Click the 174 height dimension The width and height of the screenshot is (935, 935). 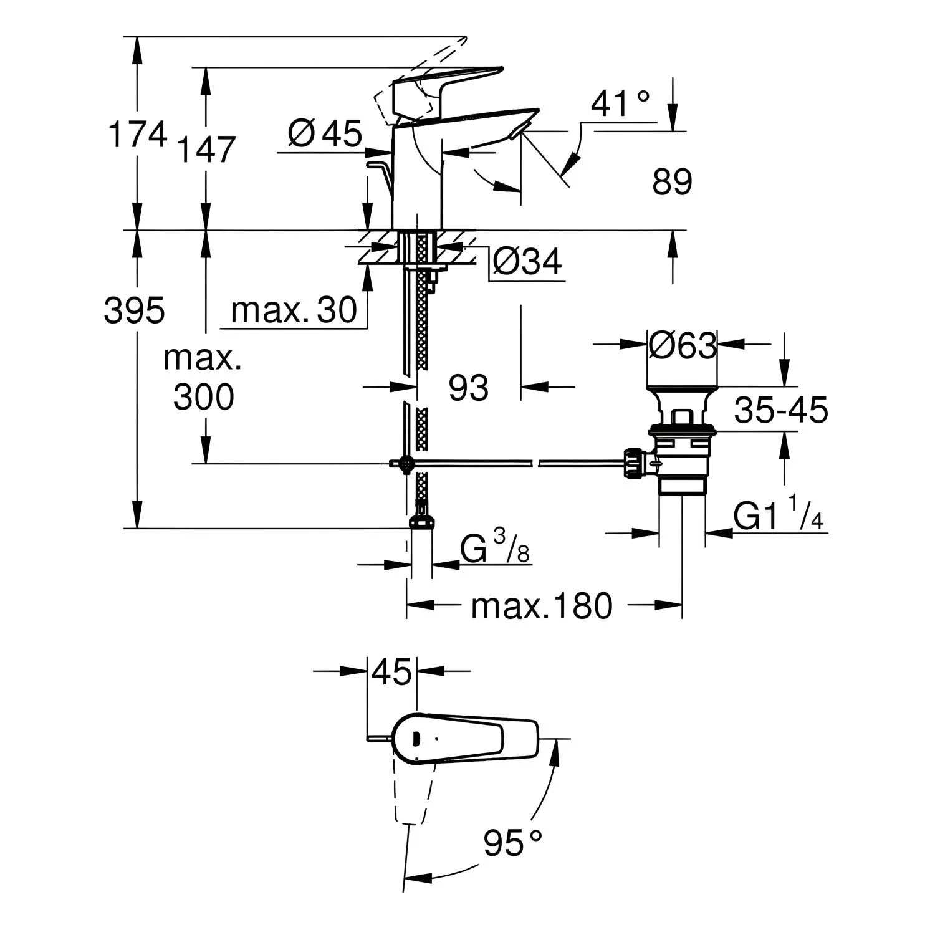(138, 135)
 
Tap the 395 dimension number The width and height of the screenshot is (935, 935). (135, 309)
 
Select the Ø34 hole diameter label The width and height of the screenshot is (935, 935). (527, 262)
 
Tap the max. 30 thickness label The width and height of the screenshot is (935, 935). (294, 310)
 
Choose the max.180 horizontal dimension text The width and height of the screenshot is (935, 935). (542, 605)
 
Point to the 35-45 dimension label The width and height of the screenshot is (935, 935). (781, 410)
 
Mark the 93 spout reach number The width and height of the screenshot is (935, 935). (469, 388)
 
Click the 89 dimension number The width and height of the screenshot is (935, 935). (673, 182)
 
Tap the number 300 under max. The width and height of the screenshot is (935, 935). (204, 396)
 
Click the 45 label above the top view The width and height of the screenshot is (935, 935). (392, 673)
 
